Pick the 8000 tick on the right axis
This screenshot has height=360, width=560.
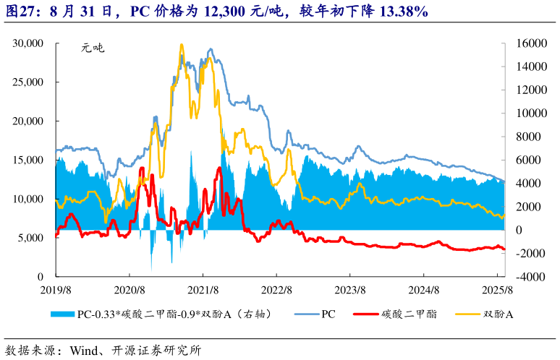tap(528, 137)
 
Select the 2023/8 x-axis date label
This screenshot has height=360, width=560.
tap(349, 291)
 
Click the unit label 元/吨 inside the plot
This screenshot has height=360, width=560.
tap(92, 49)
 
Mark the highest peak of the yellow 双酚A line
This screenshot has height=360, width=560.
tap(181, 45)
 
